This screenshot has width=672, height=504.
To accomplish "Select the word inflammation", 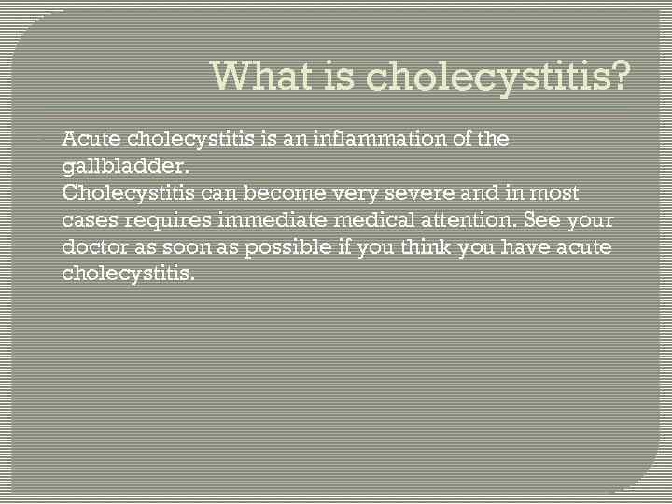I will (367, 140).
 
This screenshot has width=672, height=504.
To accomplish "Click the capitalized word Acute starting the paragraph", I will (90, 140).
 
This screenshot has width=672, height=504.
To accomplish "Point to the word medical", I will (358, 221).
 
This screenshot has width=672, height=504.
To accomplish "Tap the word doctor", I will (92, 248).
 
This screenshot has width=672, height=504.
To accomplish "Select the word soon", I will (181, 248).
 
